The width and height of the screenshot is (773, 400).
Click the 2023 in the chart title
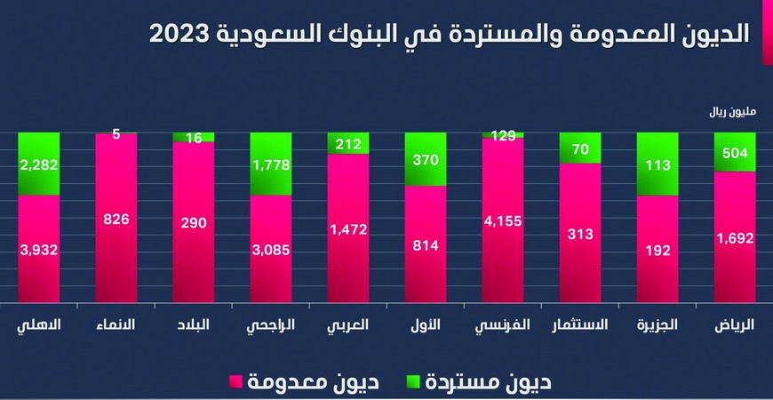[182, 34]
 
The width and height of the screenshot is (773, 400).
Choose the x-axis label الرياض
[735, 325]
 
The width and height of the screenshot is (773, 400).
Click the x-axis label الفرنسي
[502, 325]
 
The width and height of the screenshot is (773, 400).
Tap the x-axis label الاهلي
[39, 325]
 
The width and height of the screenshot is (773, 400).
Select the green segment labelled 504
[735, 152]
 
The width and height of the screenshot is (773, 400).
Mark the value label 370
[425, 159]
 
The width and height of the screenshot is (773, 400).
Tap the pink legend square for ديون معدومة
[235, 383]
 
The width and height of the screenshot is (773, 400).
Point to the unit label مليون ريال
[730, 113]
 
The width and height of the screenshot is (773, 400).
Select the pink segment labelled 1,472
[347, 228]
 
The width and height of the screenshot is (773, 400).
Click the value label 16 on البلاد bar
[193, 138]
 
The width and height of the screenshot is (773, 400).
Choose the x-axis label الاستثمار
[580, 325]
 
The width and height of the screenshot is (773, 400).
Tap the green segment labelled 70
[580, 148]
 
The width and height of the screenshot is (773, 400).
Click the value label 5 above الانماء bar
[116, 134]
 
